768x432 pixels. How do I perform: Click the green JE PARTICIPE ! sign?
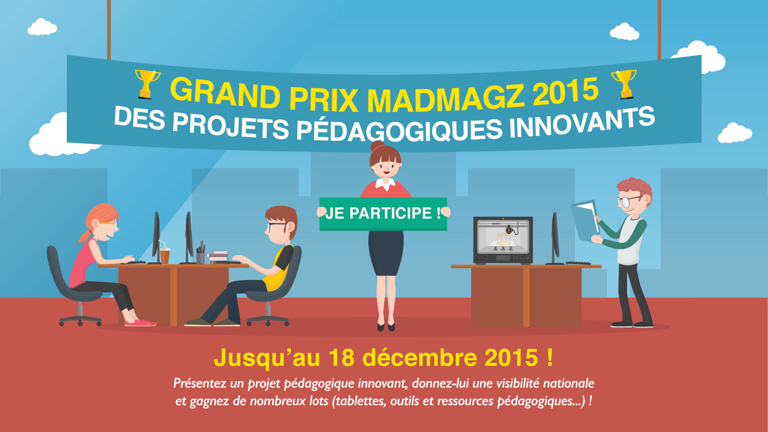point(383,214)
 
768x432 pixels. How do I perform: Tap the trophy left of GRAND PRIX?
point(147,84)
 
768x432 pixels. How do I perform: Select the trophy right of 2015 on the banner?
point(624,84)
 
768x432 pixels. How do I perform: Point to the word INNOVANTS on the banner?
point(582,122)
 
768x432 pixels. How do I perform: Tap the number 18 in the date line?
point(342,357)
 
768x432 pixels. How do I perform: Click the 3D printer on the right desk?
point(503,240)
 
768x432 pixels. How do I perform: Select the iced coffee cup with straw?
point(164,253)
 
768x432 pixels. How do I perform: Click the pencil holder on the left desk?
point(200,254)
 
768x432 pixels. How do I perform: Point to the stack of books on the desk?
point(218,257)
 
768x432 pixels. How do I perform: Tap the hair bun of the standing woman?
point(377,146)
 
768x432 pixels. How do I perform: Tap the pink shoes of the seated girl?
point(140,322)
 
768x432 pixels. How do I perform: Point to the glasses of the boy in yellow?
point(277,226)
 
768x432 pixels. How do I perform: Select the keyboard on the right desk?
point(578,263)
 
